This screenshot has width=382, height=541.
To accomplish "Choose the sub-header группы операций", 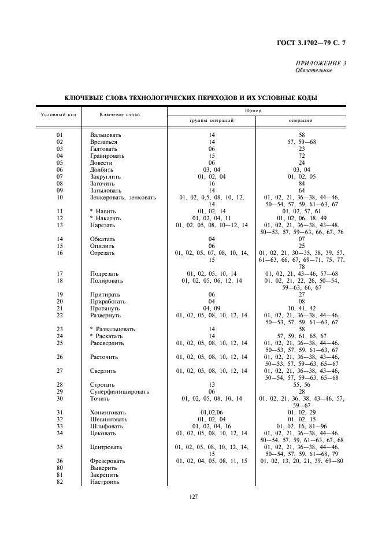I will coord(212,121).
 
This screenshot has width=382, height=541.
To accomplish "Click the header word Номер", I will coord(253,110).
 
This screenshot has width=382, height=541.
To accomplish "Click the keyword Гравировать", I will coord(107,156).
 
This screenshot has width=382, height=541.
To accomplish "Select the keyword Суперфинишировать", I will coord(119,391).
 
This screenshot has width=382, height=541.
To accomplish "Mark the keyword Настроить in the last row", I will coord(105,481).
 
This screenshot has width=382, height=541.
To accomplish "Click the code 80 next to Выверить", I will coord(60,468).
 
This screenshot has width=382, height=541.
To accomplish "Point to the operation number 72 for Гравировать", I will coord(301,156).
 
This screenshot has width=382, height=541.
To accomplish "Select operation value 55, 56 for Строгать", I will coord(301,384).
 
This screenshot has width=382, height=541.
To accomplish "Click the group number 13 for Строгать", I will coord(212,384).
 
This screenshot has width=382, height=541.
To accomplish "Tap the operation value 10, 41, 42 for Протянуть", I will coord(301,308).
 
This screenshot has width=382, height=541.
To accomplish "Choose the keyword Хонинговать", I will coord(109,412).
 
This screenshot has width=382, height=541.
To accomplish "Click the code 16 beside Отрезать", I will coord(60,253).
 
